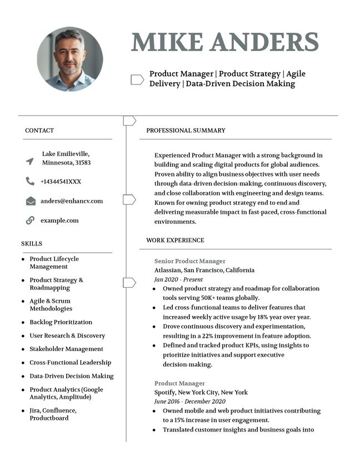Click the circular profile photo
tap(70, 59)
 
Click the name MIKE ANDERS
tap(225, 42)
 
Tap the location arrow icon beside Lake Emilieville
tap(30, 161)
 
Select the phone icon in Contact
tap(30, 181)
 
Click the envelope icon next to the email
tap(31, 201)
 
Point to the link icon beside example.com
tap(30, 221)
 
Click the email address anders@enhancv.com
tap(72, 201)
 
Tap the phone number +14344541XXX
tap(61, 182)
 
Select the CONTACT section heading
tap(39, 131)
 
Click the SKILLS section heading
tap(32, 244)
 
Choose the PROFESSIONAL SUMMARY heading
tap(186, 131)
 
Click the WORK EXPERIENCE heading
tap(175, 240)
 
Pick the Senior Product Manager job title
tap(190, 261)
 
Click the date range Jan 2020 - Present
tap(178, 279)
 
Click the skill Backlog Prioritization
tap(61, 322)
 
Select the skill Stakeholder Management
tap(66, 349)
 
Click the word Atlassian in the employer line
tap(168, 270)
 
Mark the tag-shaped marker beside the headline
tap(137, 79)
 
